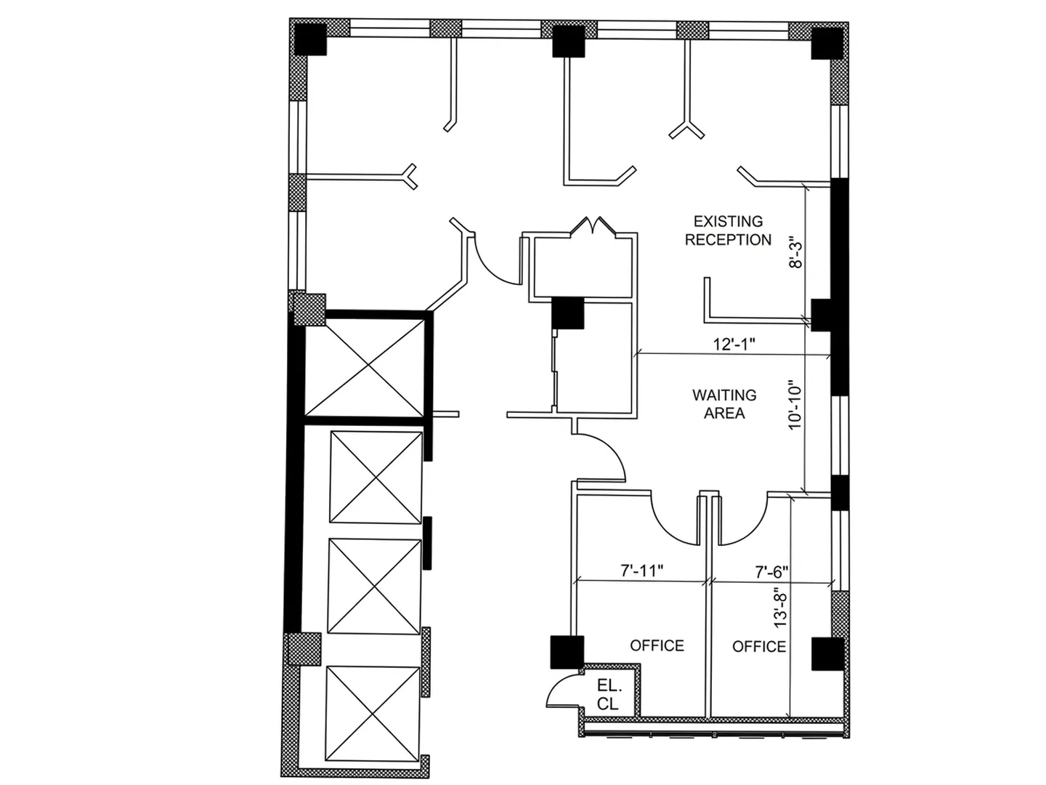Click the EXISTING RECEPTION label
point(728,230)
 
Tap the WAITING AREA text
point(724,403)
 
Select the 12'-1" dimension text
point(734,344)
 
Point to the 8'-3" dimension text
point(795,252)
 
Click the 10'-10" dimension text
point(795,404)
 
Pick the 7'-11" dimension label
point(642,570)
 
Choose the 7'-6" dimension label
point(771,571)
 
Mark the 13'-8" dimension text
point(781,610)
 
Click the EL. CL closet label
point(609,694)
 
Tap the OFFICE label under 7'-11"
point(657,645)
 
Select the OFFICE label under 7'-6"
point(759,646)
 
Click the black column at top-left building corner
point(310,39)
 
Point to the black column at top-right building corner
point(827,44)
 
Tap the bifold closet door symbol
point(593,225)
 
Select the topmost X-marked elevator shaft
point(365,367)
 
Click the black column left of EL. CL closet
point(567,652)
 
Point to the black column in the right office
point(828,653)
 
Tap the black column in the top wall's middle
point(569,41)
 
